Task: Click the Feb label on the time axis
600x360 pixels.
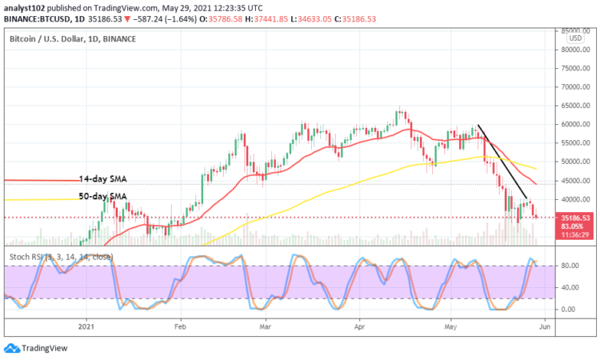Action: pos(179,326)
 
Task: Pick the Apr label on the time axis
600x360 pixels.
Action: pos(358,326)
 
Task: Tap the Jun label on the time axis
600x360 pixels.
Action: pos(544,326)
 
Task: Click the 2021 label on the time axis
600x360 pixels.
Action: pos(87,326)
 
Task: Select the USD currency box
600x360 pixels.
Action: pos(574,38)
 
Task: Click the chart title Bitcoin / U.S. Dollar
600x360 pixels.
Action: pos(55,38)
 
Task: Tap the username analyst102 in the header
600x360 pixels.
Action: pos(26,6)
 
